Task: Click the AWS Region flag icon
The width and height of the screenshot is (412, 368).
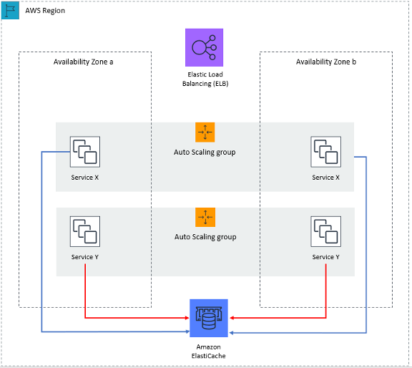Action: [x=11, y=10]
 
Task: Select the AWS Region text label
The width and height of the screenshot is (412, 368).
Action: [x=45, y=11]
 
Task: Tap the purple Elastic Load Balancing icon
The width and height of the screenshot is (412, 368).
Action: [x=204, y=47]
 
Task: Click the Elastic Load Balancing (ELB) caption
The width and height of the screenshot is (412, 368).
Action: [x=205, y=79]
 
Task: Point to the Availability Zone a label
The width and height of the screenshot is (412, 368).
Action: [x=84, y=62]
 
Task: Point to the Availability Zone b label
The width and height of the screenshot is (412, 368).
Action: [x=326, y=62]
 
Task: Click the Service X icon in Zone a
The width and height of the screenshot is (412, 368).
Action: [x=85, y=151]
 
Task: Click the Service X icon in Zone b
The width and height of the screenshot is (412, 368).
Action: [x=326, y=151]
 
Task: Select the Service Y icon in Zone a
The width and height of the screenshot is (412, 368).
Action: [x=85, y=231]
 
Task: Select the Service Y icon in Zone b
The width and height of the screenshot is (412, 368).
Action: [x=326, y=231]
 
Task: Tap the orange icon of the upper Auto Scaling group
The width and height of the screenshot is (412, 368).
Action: [x=205, y=132]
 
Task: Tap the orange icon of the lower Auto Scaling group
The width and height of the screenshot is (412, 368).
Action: [x=205, y=217]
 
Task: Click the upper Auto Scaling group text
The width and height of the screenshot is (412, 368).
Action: [x=205, y=152]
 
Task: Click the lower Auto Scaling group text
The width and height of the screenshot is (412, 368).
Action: [x=205, y=236]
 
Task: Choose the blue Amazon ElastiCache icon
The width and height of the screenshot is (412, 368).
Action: [x=209, y=318]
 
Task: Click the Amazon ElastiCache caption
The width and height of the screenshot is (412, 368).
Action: [x=209, y=350]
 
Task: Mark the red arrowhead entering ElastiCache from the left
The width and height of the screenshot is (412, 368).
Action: [x=187, y=319]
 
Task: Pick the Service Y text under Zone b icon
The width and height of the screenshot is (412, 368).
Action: [x=326, y=257]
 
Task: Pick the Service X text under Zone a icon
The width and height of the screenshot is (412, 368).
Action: [x=85, y=177]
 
